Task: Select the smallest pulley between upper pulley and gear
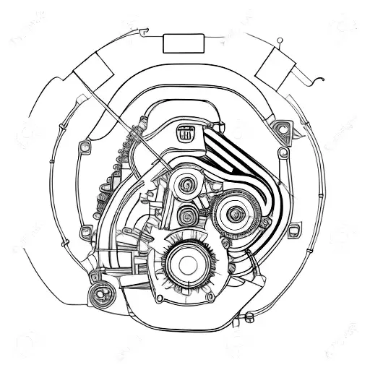187,214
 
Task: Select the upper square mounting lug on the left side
83,147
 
